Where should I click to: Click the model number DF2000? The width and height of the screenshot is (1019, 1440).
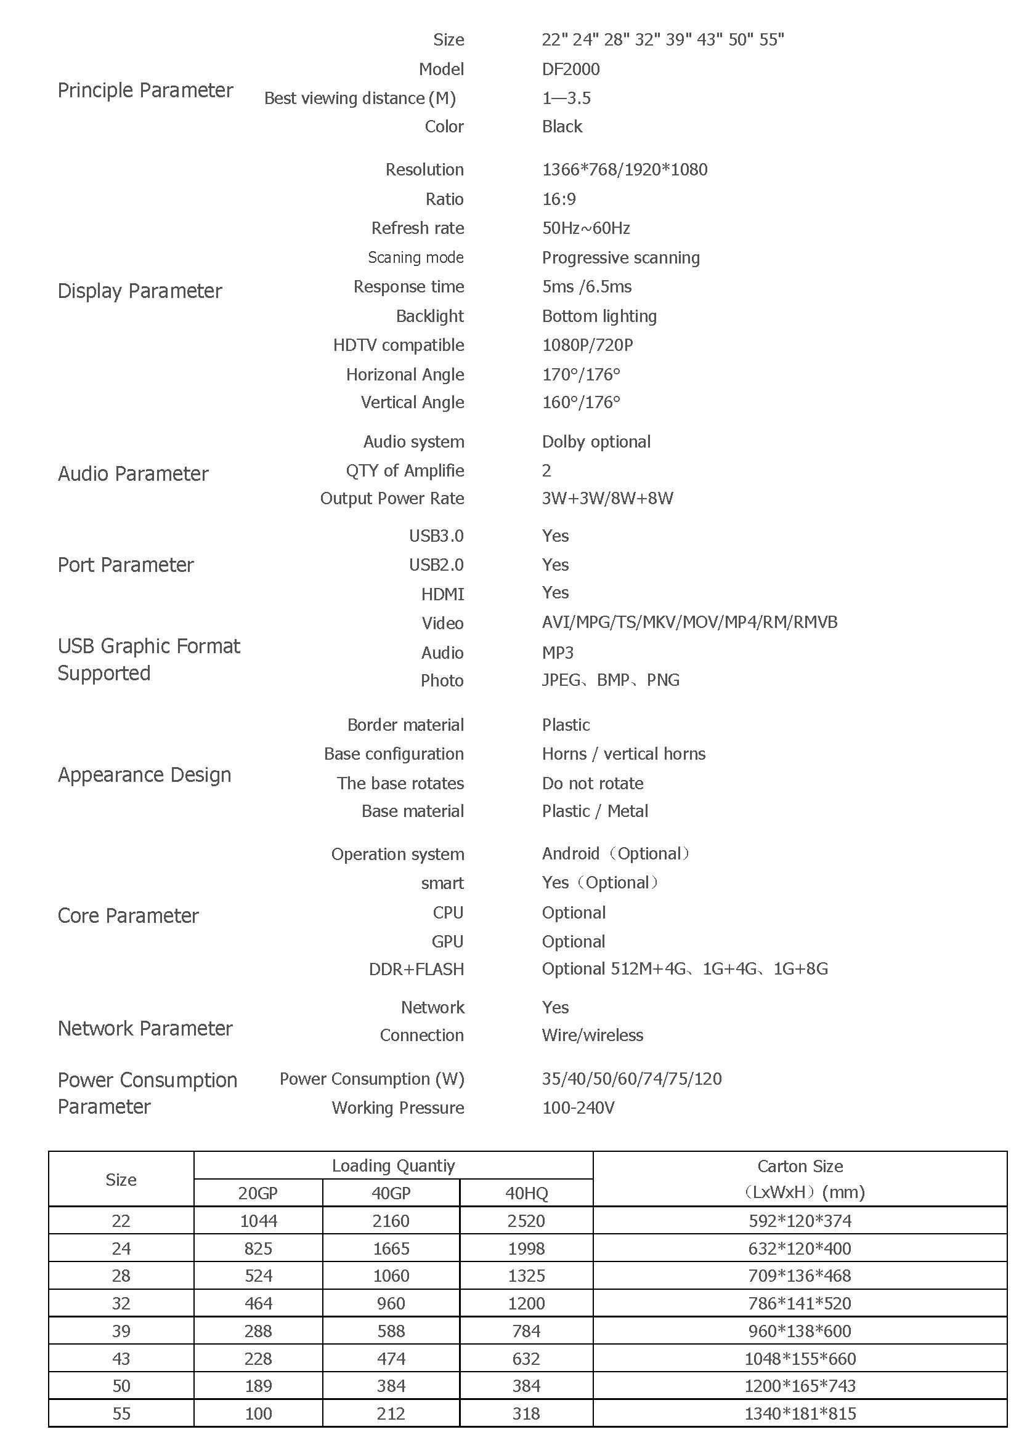570,69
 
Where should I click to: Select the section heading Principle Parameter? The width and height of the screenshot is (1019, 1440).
145,91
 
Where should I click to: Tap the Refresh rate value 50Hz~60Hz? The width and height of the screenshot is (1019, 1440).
585,228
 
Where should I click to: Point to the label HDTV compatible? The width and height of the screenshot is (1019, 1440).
399,345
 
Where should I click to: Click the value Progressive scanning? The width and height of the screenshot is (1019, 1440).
620,258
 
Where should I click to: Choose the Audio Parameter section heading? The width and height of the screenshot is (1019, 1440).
133,473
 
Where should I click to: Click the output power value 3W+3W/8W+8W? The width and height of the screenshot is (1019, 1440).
607,499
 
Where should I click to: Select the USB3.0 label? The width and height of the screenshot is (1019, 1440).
436,536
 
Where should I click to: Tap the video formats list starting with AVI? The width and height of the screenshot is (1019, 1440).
689,622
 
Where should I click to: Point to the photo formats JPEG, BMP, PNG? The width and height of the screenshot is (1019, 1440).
611,680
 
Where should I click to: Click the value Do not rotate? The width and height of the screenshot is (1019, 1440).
592,783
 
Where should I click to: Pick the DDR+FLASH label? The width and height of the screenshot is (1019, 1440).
416,970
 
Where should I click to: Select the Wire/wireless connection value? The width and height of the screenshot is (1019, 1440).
592,1036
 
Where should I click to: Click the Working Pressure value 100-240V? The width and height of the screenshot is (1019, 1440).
578,1108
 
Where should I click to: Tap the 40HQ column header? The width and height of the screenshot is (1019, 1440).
526,1193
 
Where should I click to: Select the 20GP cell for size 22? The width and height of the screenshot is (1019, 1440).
259,1221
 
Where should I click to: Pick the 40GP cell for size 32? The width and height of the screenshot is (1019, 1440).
391,1303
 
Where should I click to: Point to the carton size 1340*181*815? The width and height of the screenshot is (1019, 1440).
800,1414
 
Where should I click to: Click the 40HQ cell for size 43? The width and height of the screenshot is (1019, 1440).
526,1359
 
